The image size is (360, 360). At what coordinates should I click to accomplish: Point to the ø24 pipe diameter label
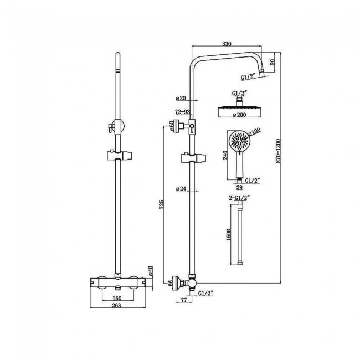181,189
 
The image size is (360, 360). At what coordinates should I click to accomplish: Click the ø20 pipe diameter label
181,98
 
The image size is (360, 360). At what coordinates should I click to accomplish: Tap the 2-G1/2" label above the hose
240,197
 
